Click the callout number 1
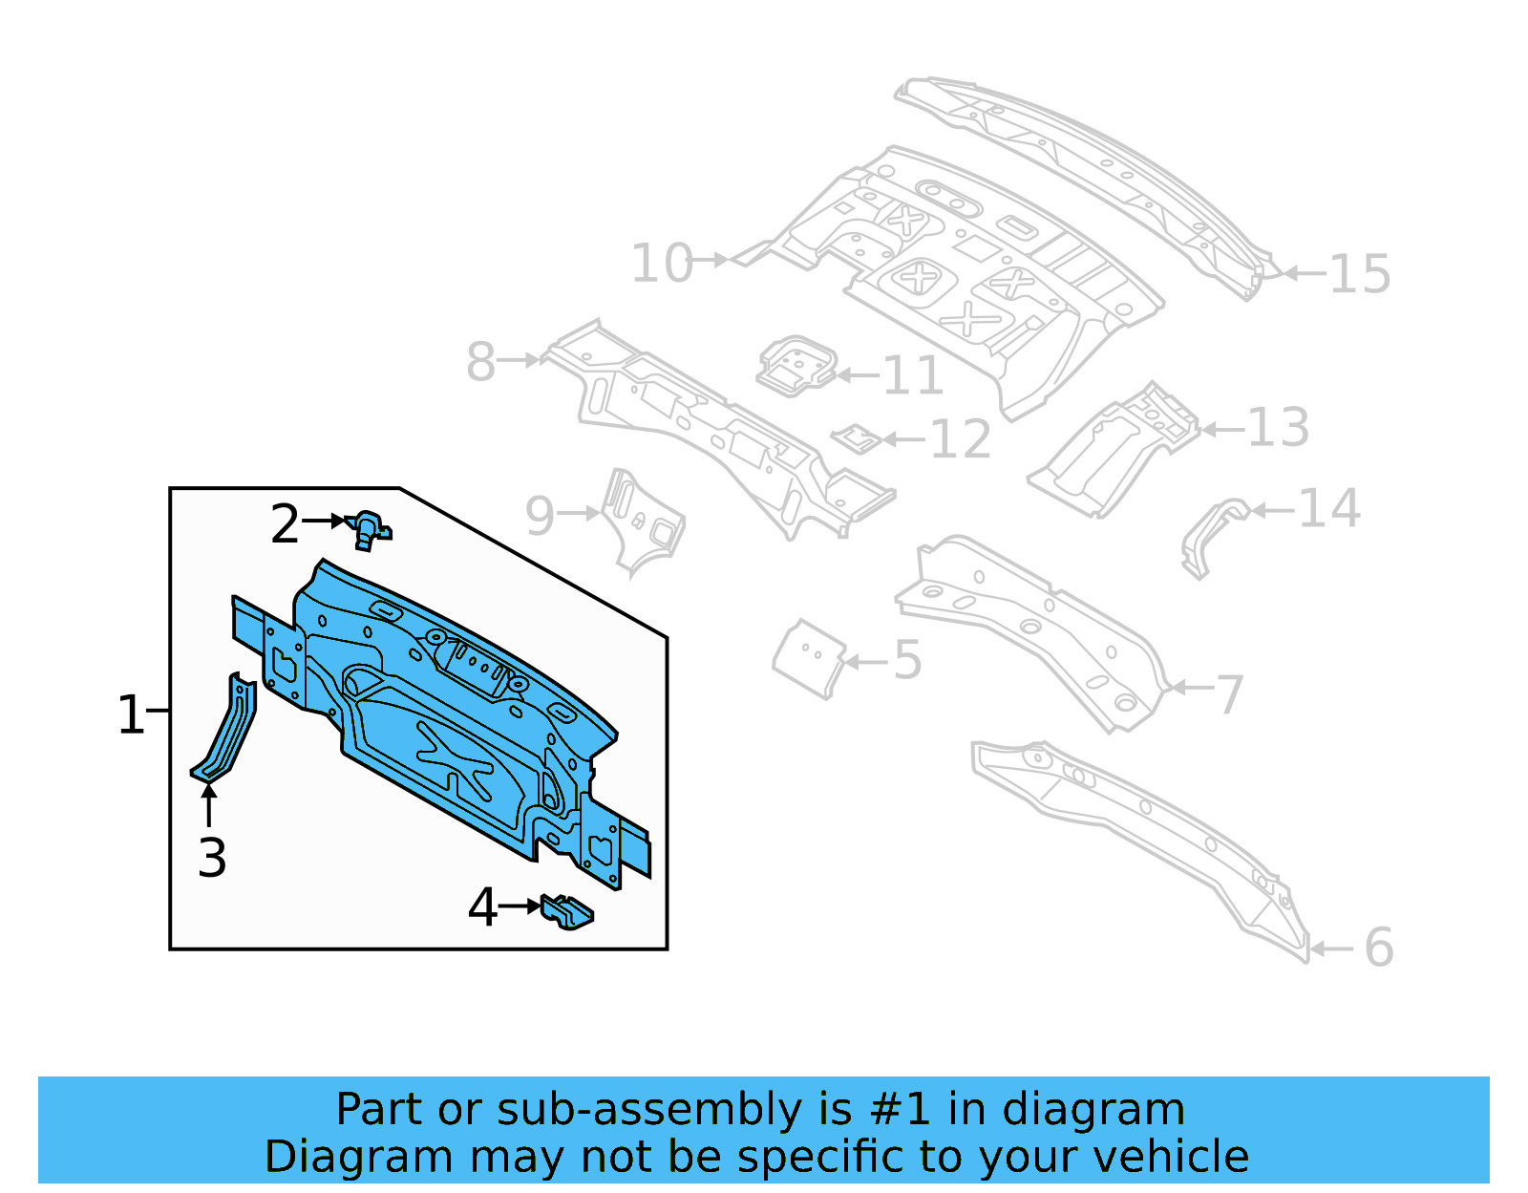click(x=130, y=714)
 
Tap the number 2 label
click(x=285, y=524)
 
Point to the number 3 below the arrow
click(x=212, y=858)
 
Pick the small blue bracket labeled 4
click(x=566, y=911)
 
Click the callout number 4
click(x=482, y=907)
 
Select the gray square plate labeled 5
click(x=809, y=658)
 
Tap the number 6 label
click(x=1378, y=948)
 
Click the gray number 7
click(x=1230, y=694)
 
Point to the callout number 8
click(x=480, y=362)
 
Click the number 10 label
click(x=661, y=263)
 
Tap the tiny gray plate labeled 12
click(x=856, y=439)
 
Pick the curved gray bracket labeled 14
click(x=1211, y=535)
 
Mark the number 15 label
click(x=1359, y=274)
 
